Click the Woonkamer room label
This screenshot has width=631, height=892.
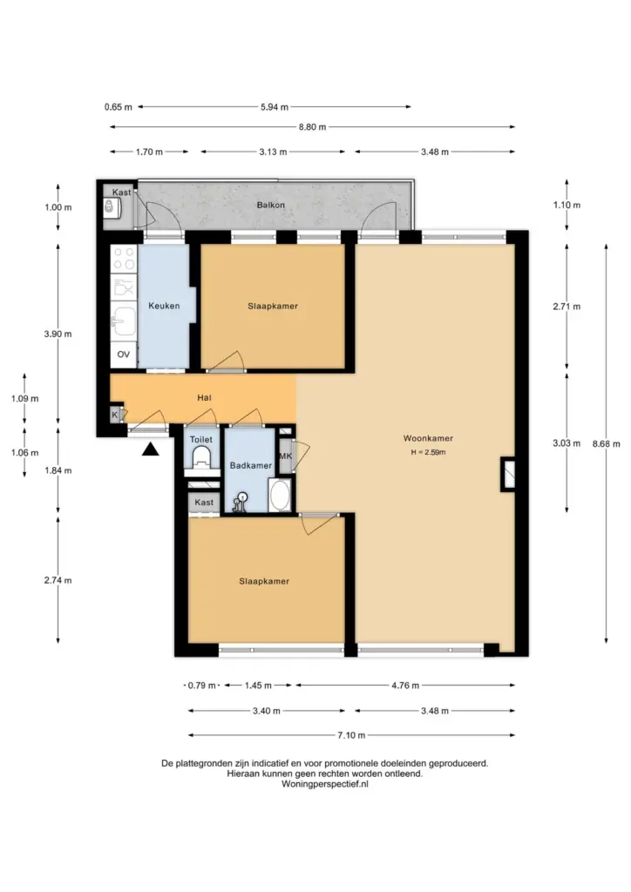428,438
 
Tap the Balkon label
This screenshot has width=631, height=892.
271,205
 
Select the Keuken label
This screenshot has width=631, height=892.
164,306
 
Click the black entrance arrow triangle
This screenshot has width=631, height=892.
150,449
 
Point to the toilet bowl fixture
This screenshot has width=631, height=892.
201,457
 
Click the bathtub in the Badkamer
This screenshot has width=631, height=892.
280,496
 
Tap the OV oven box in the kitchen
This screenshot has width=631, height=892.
124,355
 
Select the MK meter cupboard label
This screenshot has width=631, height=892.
285,456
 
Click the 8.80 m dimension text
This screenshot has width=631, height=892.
312,127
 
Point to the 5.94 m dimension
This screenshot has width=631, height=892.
275,107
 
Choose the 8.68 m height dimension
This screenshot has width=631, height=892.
606,443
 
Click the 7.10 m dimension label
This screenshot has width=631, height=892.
351,735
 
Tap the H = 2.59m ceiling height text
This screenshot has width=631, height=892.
428,453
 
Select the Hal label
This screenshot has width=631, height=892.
204,397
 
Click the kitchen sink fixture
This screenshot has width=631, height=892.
123,322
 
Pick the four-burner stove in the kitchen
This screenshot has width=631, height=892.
124,258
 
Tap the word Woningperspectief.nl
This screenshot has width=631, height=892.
325,783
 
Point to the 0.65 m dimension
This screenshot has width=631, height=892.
119,107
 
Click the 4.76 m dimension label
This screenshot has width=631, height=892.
405,686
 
